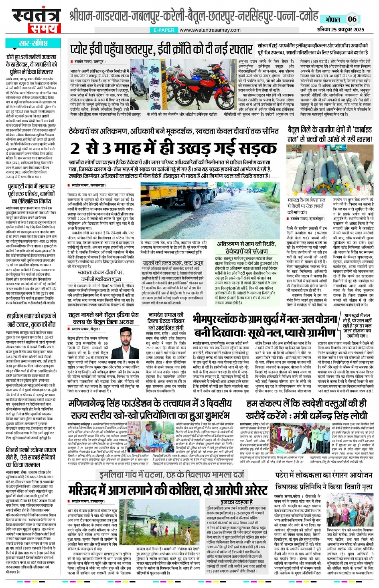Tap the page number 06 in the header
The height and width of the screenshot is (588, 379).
pos(352,19)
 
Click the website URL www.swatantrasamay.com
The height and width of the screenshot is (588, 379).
pos(210,30)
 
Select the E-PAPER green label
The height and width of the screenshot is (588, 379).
pos(164,30)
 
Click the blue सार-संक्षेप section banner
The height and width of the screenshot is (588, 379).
pos(33,43)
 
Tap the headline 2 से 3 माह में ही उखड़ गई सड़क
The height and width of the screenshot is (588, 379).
pos(173,148)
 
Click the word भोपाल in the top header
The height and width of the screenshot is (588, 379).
pos(333,19)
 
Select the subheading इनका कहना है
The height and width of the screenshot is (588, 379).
pos(237,502)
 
